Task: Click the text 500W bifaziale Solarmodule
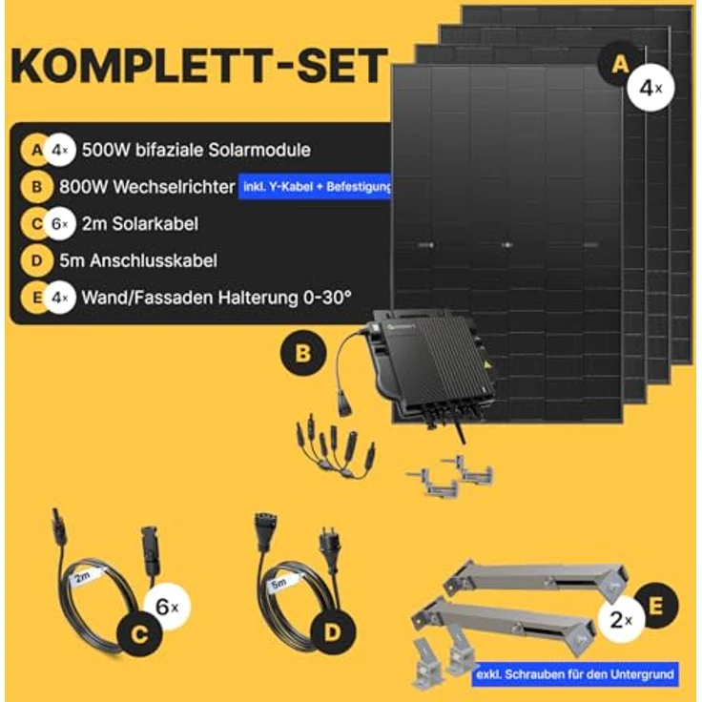tap(196, 150)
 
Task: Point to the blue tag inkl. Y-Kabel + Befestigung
tap(317, 187)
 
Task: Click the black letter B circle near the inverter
tap(303, 354)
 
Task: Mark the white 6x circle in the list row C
tap(61, 224)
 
